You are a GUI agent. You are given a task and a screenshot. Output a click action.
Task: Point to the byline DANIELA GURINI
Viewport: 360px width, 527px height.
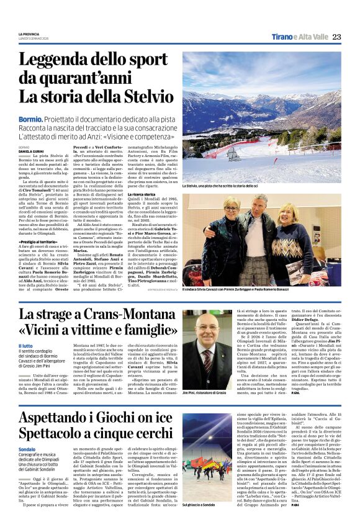tap(32, 151)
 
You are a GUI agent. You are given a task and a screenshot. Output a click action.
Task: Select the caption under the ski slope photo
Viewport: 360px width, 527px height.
tap(220, 185)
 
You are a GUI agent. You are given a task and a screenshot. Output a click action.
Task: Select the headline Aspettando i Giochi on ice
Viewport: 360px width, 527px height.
tap(95, 415)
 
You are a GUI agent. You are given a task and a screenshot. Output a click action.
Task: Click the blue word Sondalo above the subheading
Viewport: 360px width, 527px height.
tap(27, 449)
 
